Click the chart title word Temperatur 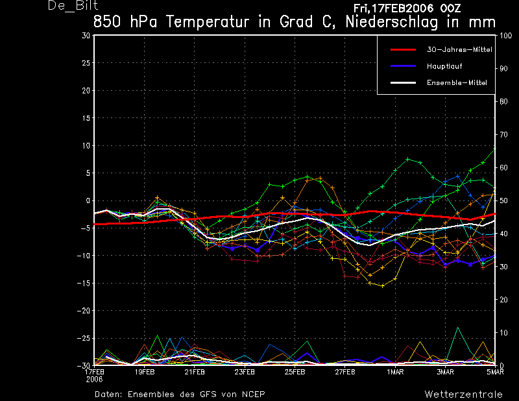208,22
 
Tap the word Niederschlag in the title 392,22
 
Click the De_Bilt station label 73,5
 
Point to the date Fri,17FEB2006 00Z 407,8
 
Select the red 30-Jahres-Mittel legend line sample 403,50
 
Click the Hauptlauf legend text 444,66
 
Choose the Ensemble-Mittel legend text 457,82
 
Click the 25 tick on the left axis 86,63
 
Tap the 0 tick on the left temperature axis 88,200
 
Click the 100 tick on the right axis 505,36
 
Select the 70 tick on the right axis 503,135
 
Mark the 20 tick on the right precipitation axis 503,300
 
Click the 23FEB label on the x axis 245,372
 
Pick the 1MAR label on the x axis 395,372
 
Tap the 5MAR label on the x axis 495,372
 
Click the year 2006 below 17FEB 94,380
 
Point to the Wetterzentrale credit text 463,395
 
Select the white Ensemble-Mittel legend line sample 403,82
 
